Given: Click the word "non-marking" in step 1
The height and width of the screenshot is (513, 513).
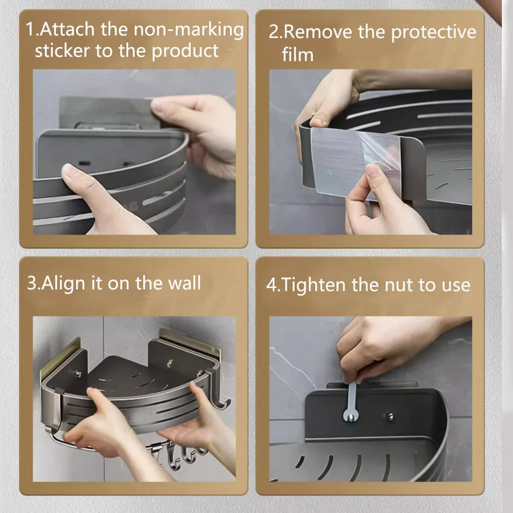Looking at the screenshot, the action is tap(188, 30).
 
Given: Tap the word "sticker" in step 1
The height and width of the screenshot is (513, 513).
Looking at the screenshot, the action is tap(62, 51).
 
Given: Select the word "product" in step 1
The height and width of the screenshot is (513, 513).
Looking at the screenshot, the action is tap(185, 52).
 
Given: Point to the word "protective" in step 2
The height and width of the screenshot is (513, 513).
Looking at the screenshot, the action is tap(433, 33).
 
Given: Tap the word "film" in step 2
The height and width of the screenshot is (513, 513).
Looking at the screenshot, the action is tap(298, 54).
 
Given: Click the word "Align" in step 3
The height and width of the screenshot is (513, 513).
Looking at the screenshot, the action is tap(63, 283).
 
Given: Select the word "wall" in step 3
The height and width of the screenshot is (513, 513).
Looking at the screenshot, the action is tap(184, 283).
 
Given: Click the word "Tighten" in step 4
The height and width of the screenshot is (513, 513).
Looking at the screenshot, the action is tap(313, 285).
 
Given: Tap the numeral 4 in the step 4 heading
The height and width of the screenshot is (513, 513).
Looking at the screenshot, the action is tap(271, 285).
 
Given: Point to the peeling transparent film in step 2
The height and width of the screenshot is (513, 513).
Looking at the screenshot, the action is tap(380, 154).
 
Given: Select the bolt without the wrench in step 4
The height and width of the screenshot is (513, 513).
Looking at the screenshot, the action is tap(390, 416).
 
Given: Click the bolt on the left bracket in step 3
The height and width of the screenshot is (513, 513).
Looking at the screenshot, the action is tap(77, 373).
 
